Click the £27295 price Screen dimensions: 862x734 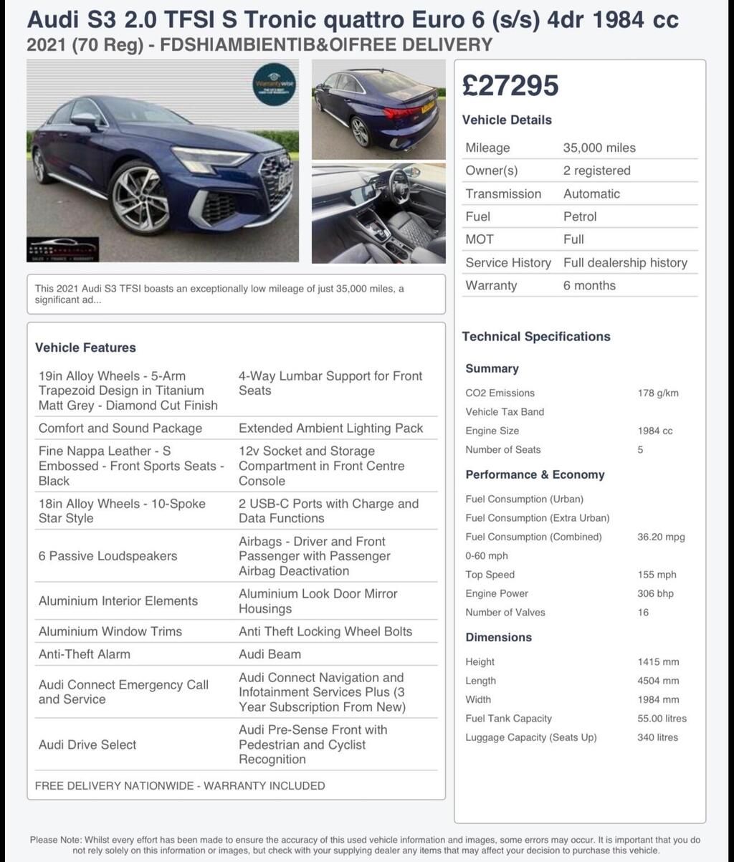coord(510,86)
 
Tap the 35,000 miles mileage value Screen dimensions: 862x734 coord(599,148)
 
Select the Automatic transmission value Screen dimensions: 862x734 coord(591,193)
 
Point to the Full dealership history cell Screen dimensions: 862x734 coord(625,262)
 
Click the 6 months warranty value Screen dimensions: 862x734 coord(589,285)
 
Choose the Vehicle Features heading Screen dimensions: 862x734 coord(85,348)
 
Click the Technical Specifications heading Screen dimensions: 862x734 coord(536,337)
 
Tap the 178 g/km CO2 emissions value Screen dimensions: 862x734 coord(657,393)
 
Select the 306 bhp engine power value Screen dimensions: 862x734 coord(655,593)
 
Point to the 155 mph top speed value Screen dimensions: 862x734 coord(657,575)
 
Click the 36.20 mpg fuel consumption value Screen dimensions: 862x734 coord(661,537)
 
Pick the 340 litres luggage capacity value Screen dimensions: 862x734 coord(657,737)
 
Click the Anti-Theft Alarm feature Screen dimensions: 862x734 coord(85,654)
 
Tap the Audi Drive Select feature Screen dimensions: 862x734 coord(87,744)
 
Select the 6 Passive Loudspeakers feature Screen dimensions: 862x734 coord(108,556)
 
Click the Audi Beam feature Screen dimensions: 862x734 coord(270,654)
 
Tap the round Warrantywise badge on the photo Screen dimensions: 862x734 coord(275,85)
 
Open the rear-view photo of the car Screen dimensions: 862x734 coord(378,109)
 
